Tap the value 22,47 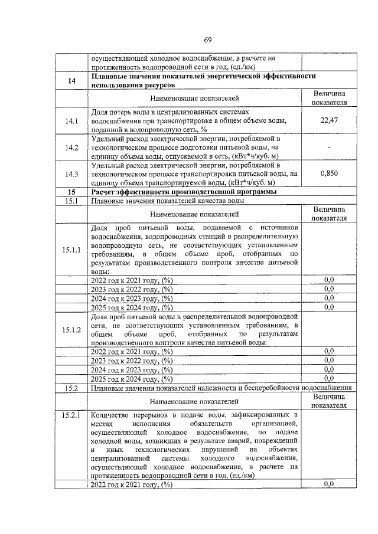329,120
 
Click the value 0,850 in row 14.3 329,174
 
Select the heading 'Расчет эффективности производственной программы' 184,192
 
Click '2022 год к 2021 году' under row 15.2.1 131,484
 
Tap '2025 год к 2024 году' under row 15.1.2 131,378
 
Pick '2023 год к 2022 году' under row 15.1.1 131,289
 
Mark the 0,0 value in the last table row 329,484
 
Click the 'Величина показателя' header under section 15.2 329,401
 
